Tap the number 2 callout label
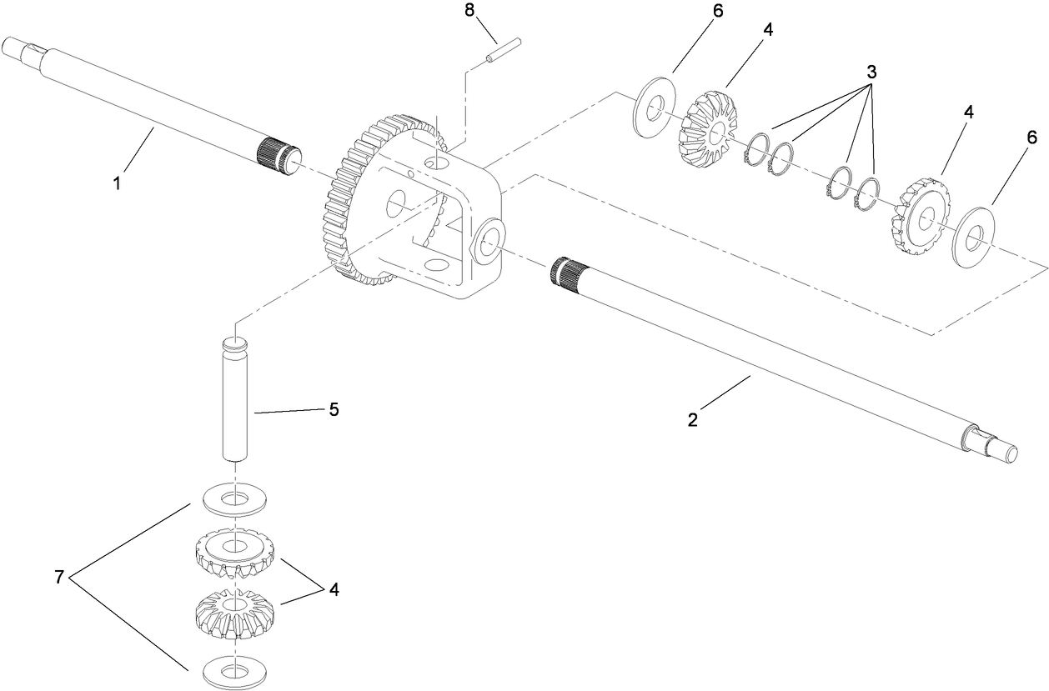(691, 420)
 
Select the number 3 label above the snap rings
(871, 73)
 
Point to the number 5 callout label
(334, 410)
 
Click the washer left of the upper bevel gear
(655, 108)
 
